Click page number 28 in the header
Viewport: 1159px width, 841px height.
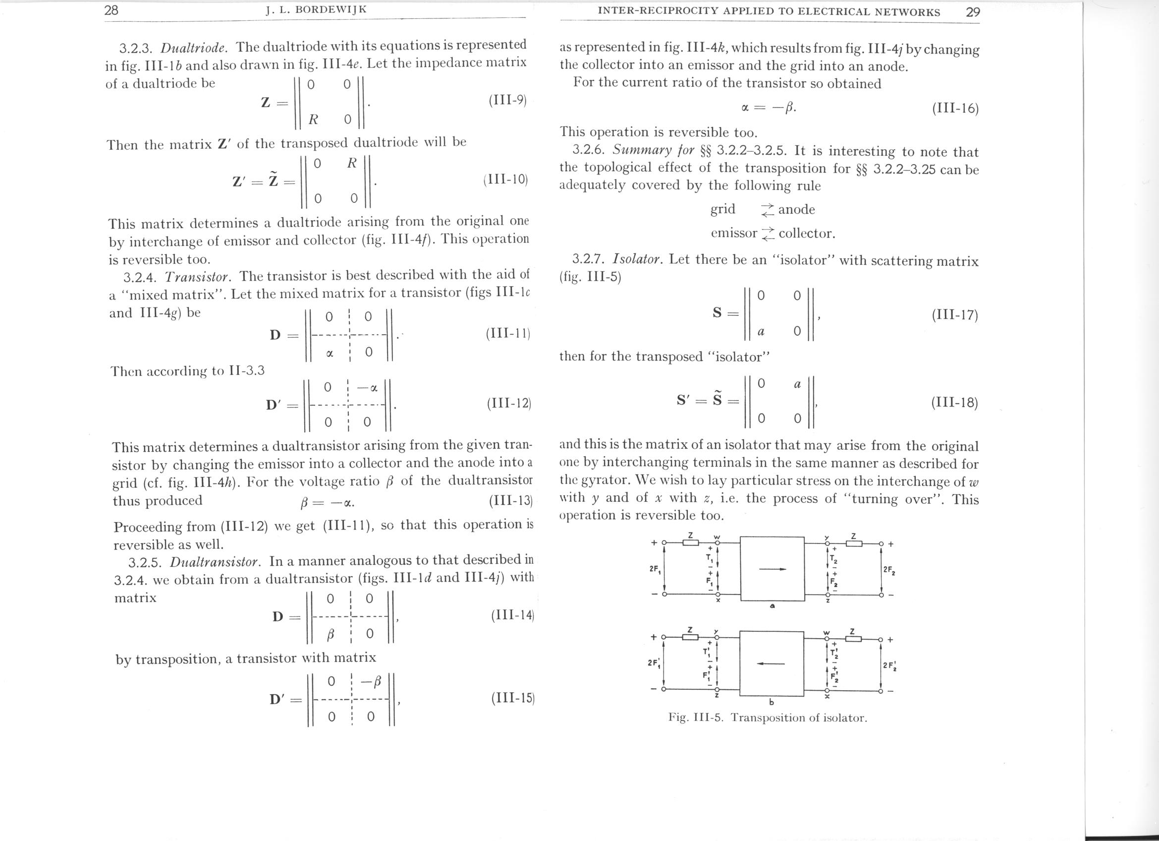click(x=111, y=11)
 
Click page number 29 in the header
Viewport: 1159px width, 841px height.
click(x=973, y=12)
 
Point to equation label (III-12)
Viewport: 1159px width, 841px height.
click(x=508, y=404)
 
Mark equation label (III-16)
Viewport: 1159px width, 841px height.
click(x=954, y=109)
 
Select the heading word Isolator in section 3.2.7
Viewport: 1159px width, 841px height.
click(x=637, y=259)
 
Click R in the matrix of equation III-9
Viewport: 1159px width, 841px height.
click(x=313, y=120)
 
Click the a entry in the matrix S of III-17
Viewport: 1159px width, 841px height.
click(x=761, y=332)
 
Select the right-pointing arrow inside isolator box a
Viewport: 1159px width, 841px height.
click(x=772, y=568)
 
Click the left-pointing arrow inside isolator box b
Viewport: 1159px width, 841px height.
click(x=771, y=663)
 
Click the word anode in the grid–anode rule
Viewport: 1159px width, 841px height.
click(x=796, y=210)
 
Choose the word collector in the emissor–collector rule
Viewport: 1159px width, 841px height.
click(x=806, y=234)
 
